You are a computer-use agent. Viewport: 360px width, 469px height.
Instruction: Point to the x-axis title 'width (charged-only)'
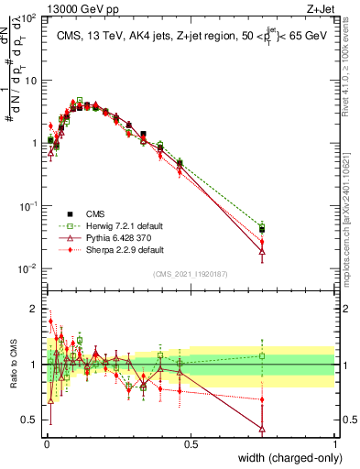tap(285, 459)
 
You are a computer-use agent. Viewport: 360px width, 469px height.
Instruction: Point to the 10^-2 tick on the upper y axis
tap(27, 268)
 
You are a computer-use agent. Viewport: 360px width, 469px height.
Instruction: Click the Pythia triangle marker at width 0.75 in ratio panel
tap(262, 428)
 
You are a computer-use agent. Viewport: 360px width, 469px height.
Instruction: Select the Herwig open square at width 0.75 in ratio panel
tap(262, 356)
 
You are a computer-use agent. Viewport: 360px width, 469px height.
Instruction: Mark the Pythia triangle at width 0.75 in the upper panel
tap(262, 251)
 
